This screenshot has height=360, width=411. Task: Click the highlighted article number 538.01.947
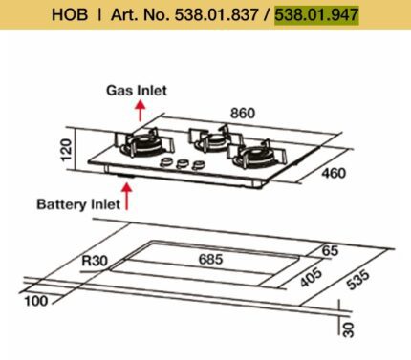pyautogui.click(x=316, y=14)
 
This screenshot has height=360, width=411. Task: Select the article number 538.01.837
pyautogui.click(x=216, y=14)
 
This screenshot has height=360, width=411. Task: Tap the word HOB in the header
pyautogui.click(x=70, y=14)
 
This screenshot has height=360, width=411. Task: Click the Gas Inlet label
pyautogui.click(x=137, y=91)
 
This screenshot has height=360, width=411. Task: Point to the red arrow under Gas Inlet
pyautogui.click(x=140, y=111)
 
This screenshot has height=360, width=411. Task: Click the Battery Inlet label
pyautogui.click(x=78, y=204)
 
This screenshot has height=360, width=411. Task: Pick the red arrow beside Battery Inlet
pyautogui.click(x=127, y=197)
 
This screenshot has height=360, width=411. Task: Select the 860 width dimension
pyautogui.click(x=243, y=114)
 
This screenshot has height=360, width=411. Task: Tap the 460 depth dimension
pyautogui.click(x=334, y=173)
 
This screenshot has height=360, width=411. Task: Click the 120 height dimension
pyautogui.click(x=66, y=150)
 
